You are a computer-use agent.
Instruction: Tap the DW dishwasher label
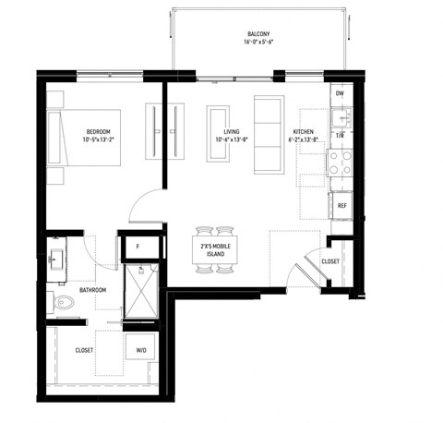click(x=340, y=94)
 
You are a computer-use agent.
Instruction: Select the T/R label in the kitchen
click(x=340, y=137)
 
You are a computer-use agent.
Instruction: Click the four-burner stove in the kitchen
click(x=339, y=163)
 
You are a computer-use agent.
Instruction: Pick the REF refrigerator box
click(x=341, y=205)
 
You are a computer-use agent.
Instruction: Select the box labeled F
click(x=138, y=247)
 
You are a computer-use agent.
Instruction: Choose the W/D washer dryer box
click(x=141, y=350)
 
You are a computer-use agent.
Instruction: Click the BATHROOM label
click(x=92, y=290)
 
